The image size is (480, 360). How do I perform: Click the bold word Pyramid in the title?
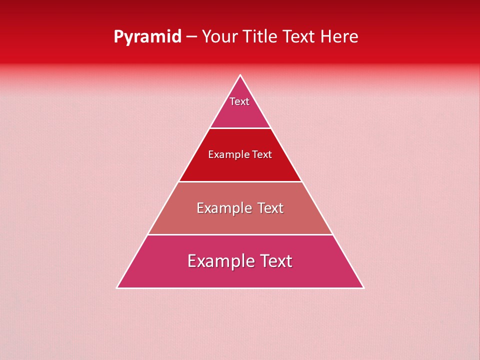click(147, 37)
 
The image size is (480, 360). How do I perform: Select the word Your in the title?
click(218, 37)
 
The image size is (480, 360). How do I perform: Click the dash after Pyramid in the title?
click(191, 37)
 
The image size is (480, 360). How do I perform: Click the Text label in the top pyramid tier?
click(239, 101)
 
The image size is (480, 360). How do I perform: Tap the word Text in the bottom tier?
click(274, 261)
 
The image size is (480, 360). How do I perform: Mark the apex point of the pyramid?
click(240, 75)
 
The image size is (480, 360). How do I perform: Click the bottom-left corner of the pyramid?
click(117, 288)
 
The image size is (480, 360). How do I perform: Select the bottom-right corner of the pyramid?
click(363, 288)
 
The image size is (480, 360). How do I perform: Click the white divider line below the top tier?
click(240, 128)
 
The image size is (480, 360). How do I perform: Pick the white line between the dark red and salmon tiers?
click(240, 181)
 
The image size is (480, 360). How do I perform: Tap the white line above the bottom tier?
click(240, 234)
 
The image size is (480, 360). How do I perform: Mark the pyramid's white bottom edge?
click(240, 288)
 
